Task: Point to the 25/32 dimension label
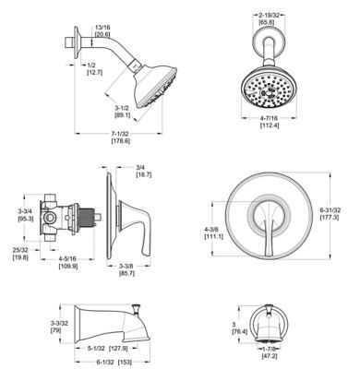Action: click(x=19, y=251)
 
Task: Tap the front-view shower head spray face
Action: click(x=269, y=91)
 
